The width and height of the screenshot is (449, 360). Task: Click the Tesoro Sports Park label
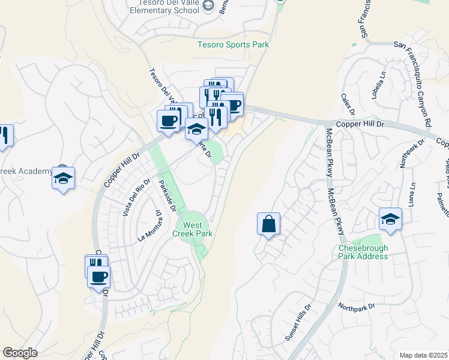pos(234,44)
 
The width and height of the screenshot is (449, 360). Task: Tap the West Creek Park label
pos(193,229)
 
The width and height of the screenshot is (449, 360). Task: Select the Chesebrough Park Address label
pos(363,252)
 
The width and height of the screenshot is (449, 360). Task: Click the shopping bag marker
pos(268,224)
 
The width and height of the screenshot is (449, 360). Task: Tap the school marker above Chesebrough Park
pos(390,219)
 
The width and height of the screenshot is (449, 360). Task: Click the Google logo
pos(20,353)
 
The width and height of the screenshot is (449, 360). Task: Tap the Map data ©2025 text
pos(423,355)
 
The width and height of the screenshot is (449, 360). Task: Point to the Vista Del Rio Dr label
pos(136,197)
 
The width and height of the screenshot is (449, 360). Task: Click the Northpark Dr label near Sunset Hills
pos(356,307)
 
